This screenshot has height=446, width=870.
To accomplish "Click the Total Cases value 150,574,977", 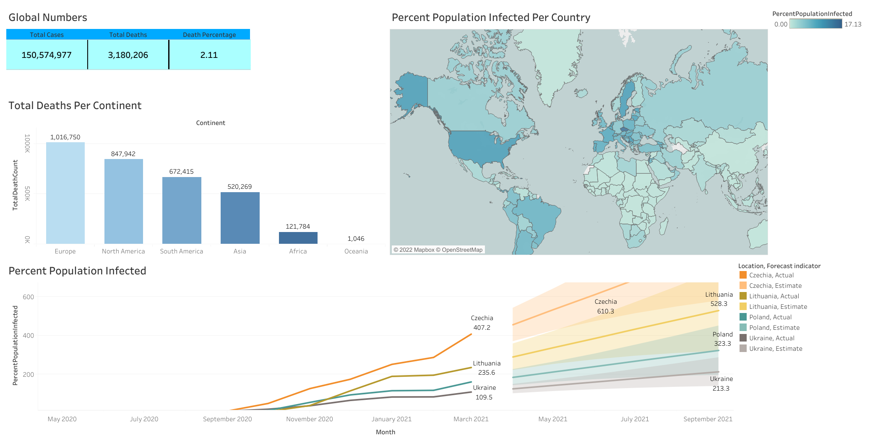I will pyautogui.click(x=47, y=55).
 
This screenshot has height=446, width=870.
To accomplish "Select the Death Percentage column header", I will pyautogui.click(x=209, y=35).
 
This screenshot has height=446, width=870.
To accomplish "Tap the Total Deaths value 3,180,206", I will pyautogui.click(x=128, y=55).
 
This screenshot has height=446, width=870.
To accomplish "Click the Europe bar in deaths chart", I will pyautogui.click(x=65, y=193).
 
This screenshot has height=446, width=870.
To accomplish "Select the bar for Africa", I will pyautogui.click(x=298, y=238).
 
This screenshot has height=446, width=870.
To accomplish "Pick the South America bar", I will pyautogui.click(x=182, y=210).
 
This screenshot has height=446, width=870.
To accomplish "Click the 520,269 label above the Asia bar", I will pyautogui.click(x=240, y=187).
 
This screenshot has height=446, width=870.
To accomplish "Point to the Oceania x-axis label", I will pyautogui.click(x=356, y=251).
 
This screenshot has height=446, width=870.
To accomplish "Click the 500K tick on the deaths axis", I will pyautogui.click(x=27, y=193).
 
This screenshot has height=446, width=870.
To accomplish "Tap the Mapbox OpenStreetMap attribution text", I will pyautogui.click(x=438, y=250).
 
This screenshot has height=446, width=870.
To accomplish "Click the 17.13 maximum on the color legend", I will pyautogui.click(x=852, y=24).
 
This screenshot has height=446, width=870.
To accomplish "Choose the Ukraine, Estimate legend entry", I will pyautogui.click(x=775, y=349).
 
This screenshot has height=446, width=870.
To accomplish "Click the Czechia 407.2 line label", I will pyautogui.click(x=482, y=323).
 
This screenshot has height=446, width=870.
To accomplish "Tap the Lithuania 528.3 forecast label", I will pyautogui.click(x=719, y=299).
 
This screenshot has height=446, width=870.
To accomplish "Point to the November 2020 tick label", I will pyautogui.click(x=310, y=419).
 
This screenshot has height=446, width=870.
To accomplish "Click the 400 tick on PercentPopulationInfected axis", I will pyautogui.click(x=29, y=336).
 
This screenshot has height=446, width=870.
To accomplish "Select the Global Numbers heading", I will pyautogui.click(x=48, y=18).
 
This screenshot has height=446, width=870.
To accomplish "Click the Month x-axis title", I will pyautogui.click(x=386, y=432).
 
